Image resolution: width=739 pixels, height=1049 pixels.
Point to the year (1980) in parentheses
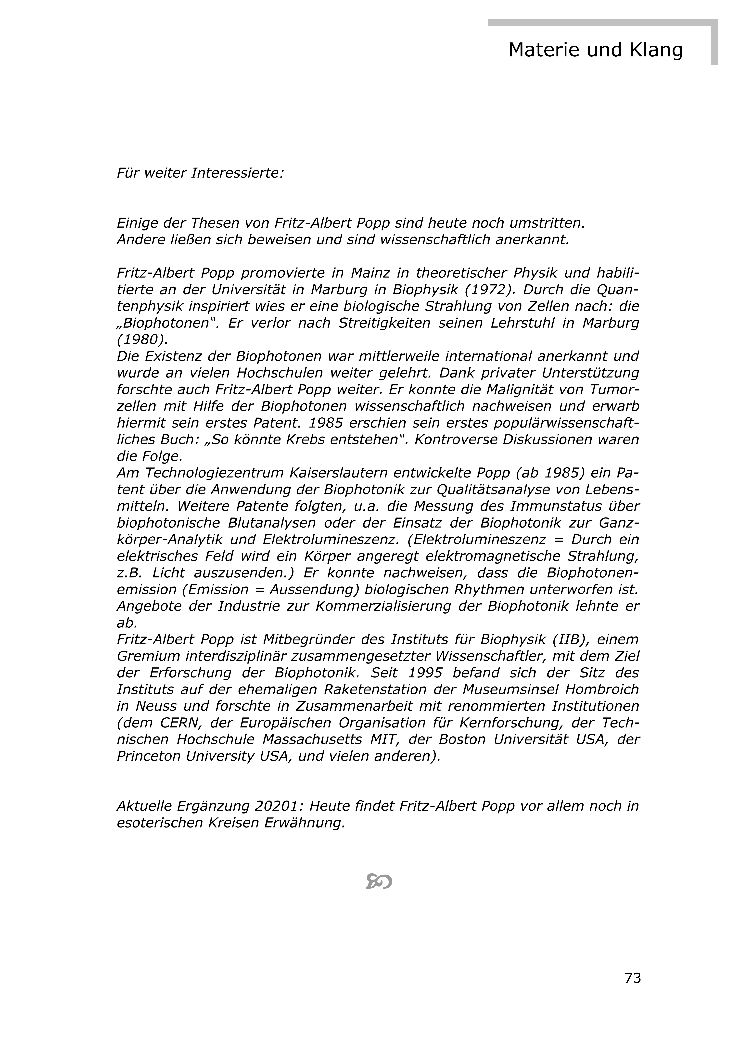[142, 339]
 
